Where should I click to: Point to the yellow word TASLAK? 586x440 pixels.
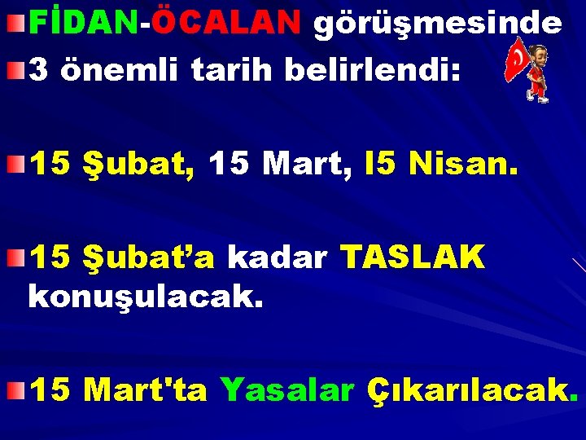tap(413, 257)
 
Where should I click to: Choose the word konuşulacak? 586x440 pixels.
tap(146, 295)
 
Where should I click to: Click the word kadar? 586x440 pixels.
tap(277, 257)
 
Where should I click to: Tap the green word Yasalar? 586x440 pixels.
tap(286, 391)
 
